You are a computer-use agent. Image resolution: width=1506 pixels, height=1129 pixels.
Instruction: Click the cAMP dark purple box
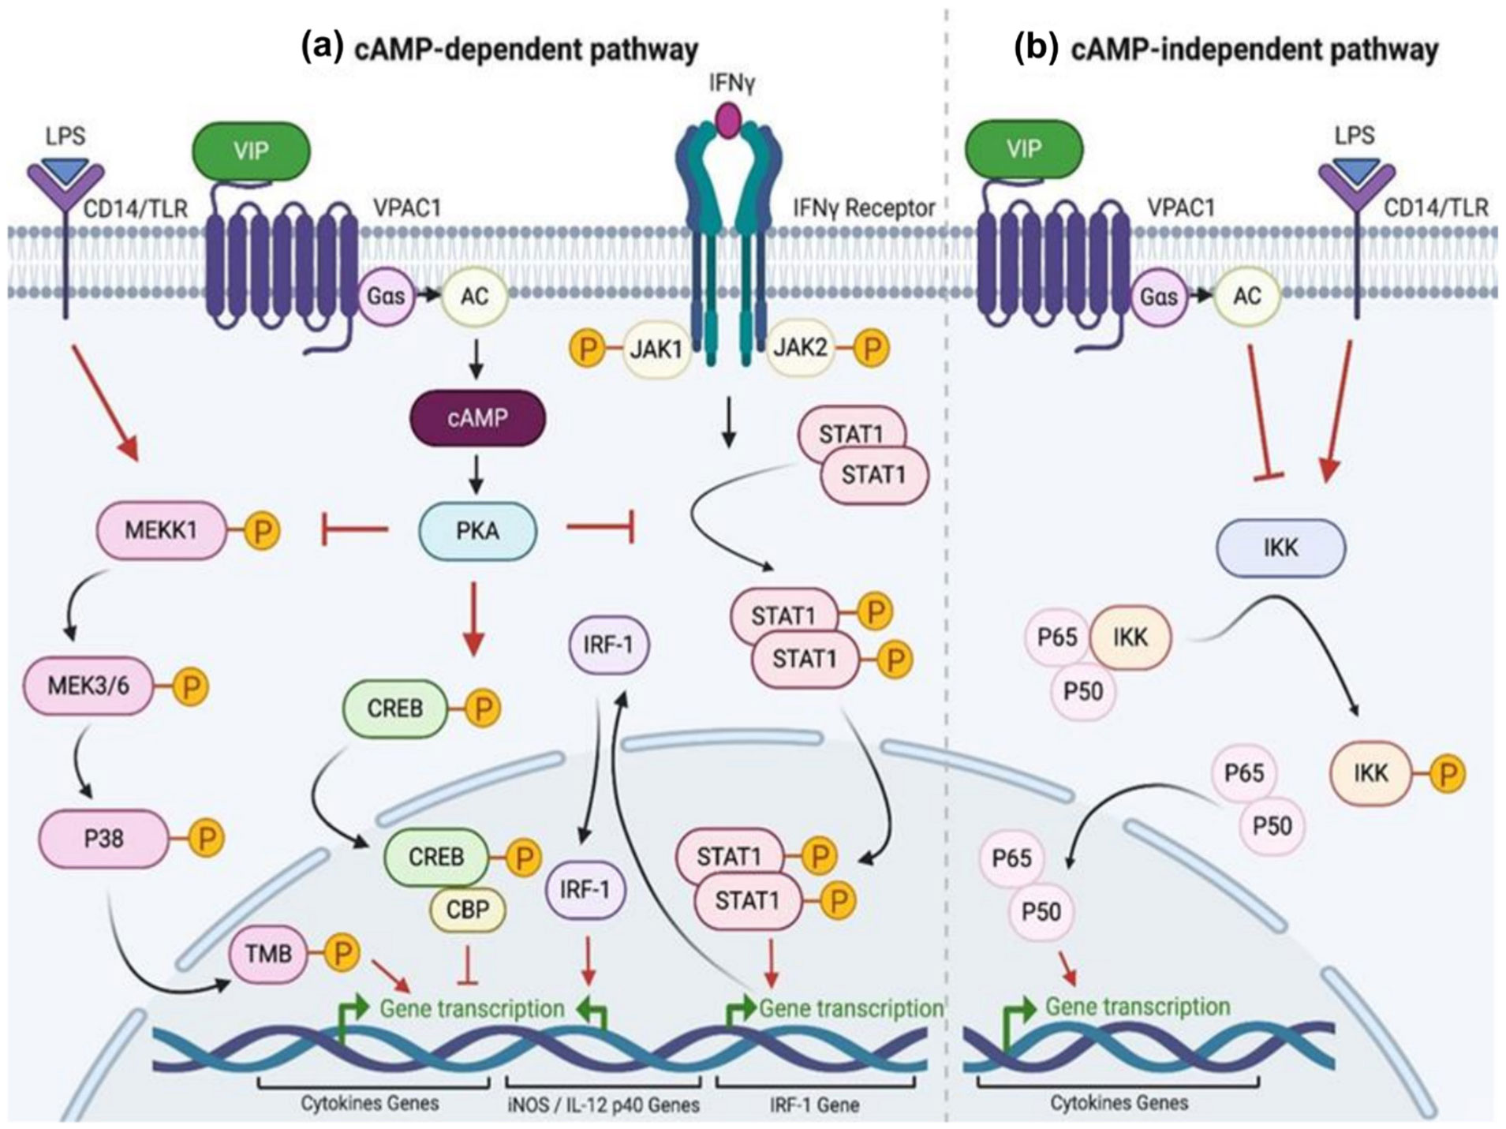[x=477, y=417]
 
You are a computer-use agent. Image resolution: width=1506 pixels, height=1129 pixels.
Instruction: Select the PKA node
[x=477, y=531]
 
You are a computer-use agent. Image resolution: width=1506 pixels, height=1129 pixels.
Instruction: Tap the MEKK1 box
[x=161, y=531]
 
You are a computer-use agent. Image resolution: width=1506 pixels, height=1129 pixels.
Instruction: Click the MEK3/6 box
[x=88, y=686]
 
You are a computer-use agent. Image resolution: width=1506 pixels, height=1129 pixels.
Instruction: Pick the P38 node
[x=103, y=838]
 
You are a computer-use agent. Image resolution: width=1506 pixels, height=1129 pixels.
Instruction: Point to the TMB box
[x=269, y=954]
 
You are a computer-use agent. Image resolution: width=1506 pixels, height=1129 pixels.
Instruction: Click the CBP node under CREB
[x=468, y=910]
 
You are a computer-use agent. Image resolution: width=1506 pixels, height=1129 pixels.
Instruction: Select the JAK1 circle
[x=656, y=349]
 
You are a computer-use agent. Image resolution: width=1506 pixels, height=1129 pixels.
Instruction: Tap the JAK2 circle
[x=800, y=347]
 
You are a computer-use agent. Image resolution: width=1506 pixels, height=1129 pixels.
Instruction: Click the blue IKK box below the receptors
[x=1280, y=548]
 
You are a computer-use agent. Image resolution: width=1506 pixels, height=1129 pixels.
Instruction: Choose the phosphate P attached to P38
[x=207, y=838]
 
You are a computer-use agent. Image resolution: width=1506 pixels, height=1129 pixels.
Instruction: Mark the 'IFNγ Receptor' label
[x=864, y=208]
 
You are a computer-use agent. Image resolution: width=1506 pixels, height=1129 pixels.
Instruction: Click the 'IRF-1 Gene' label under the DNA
[x=814, y=1105]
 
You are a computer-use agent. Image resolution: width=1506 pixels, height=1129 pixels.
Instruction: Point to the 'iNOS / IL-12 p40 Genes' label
[x=603, y=1105]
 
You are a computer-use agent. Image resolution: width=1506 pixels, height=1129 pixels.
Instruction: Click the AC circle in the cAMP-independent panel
[x=1247, y=296]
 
